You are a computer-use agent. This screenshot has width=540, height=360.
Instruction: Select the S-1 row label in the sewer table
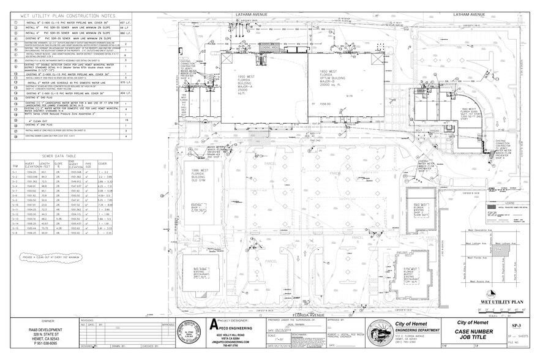tap(15, 173)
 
